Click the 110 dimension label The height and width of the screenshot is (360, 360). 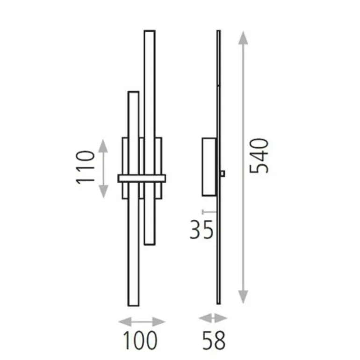[x=85, y=167]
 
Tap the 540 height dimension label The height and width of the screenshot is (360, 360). [x=259, y=156]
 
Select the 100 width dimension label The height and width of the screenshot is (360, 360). [x=140, y=340]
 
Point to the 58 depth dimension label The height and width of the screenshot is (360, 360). [x=214, y=340]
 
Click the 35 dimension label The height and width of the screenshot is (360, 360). [x=202, y=230]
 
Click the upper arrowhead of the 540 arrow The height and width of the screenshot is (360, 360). [x=243, y=38]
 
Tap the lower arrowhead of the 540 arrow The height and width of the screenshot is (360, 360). [x=243, y=297]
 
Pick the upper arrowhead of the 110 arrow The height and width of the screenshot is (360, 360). [x=103, y=146]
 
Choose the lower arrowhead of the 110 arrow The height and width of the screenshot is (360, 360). [x=103, y=191]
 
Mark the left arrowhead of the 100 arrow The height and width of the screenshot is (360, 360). [x=125, y=322]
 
